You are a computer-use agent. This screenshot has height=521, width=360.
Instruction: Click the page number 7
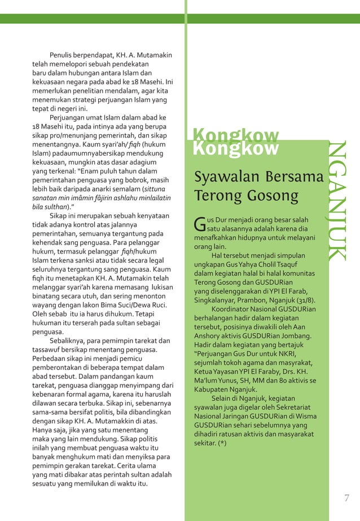point(346,498)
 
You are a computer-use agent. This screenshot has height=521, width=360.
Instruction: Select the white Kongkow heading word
point(236,148)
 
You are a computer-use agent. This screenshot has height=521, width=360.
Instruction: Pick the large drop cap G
point(199,224)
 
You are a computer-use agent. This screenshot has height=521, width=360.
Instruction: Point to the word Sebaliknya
point(69,341)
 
